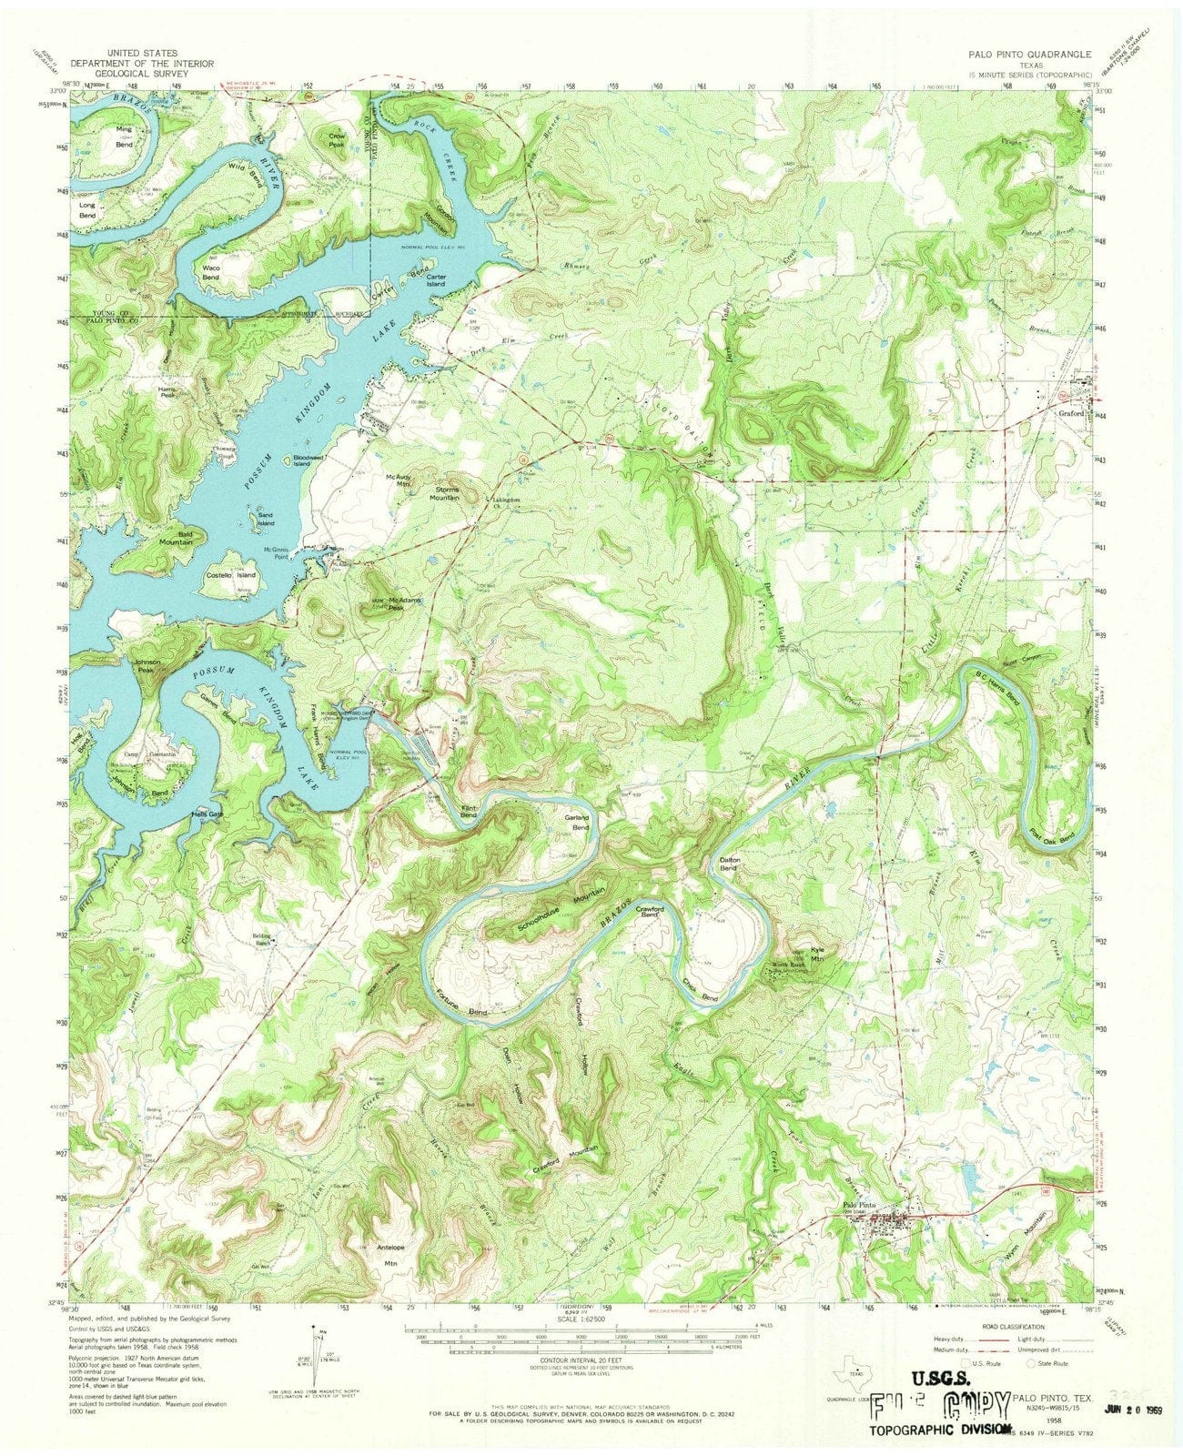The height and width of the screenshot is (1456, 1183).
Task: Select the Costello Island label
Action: tap(231, 575)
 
